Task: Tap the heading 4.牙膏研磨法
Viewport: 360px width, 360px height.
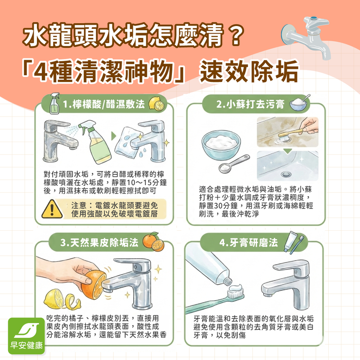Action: (248, 243)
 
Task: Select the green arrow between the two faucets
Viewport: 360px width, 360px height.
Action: (114, 135)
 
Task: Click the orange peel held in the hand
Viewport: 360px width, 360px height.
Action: (92, 283)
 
